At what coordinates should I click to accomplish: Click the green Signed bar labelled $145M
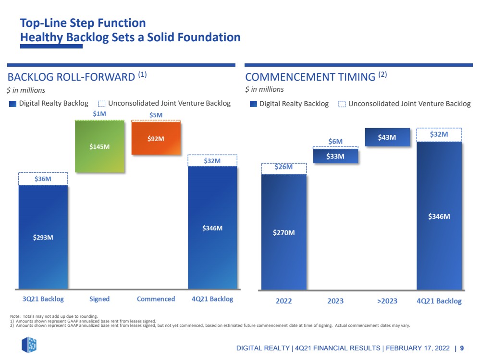tap(99, 146)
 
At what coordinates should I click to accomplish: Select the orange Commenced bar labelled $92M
tap(156, 138)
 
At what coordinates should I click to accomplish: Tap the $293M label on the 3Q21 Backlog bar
tap(43, 237)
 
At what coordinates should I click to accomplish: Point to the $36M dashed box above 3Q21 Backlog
tap(43, 179)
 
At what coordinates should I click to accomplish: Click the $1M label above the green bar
tap(99, 114)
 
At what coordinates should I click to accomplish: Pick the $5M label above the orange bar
tap(156, 115)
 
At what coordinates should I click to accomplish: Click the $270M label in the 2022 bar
tap(284, 233)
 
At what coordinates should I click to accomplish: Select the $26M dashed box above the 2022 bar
tap(284, 168)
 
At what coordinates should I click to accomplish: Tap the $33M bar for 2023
tap(335, 156)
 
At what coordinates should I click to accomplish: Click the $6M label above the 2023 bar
tap(335, 142)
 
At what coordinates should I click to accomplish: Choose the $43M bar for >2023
tap(387, 137)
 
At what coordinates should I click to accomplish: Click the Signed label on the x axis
tap(99, 299)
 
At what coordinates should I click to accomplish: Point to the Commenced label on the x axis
tap(156, 299)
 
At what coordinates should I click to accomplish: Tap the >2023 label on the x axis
tap(387, 301)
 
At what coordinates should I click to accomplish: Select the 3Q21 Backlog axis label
tap(43, 299)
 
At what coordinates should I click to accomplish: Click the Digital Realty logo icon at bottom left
tap(29, 345)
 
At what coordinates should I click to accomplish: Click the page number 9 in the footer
tap(462, 348)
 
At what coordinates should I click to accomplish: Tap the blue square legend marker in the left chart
tap(12, 104)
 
